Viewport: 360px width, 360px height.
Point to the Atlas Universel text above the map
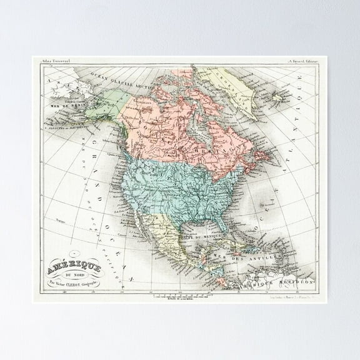[54, 61]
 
